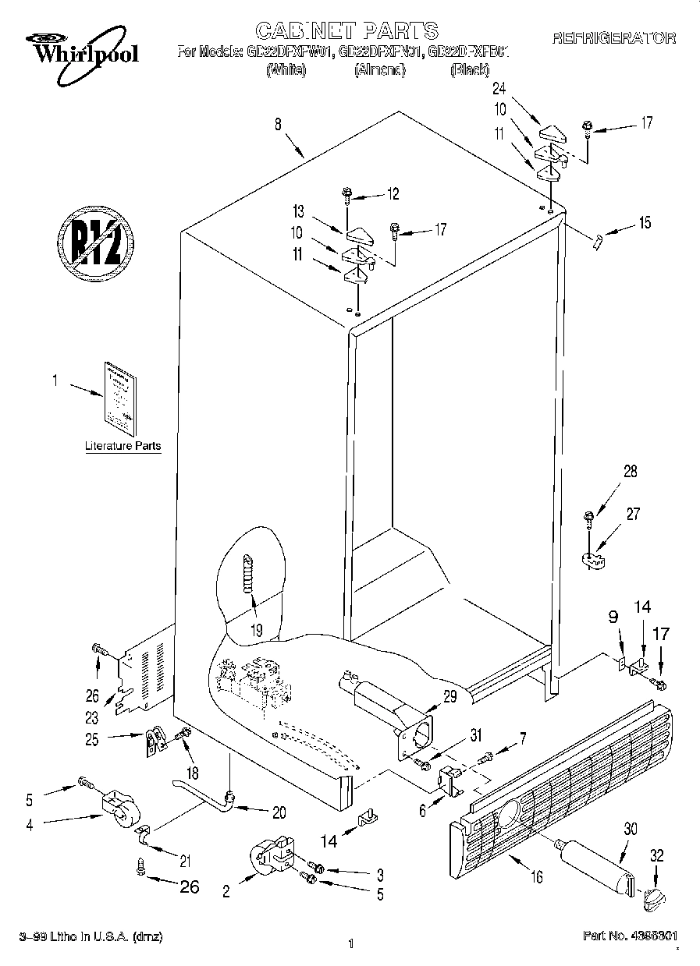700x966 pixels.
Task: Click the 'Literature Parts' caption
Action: pyautogui.click(x=123, y=447)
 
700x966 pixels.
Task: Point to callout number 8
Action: pyautogui.click(x=277, y=122)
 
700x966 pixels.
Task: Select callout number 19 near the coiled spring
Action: pyautogui.click(x=256, y=629)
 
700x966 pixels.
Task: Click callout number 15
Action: pyautogui.click(x=644, y=224)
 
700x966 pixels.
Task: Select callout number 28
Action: pyautogui.click(x=630, y=471)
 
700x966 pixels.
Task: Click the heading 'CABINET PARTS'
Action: pyautogui.click(x=346, y=30)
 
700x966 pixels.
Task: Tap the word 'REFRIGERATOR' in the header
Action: pyautogui.click(x=614, y=37)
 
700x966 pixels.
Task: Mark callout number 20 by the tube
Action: pyautogui.click(x=279, y=812)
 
